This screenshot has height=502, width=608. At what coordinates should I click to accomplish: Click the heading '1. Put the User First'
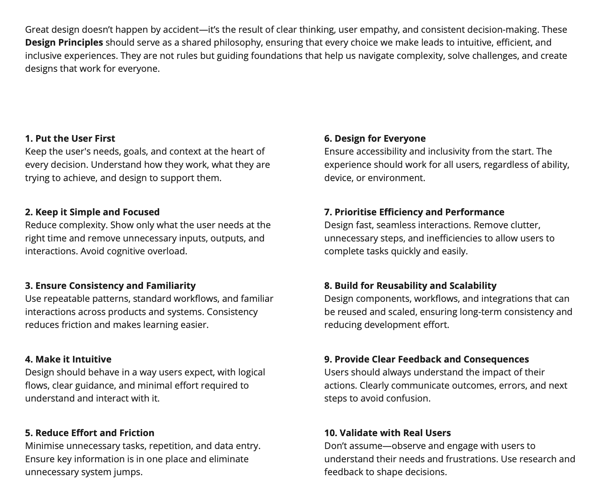point(70,138)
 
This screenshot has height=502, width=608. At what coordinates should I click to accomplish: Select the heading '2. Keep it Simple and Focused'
point(92,212)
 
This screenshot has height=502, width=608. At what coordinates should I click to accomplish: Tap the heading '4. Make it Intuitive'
point(68,359)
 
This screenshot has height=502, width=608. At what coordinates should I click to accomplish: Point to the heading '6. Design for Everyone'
point(375,138)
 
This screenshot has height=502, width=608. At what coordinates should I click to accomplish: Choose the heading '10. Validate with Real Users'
point(387,433)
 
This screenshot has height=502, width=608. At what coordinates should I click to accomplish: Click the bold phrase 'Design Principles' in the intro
point(64,42)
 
